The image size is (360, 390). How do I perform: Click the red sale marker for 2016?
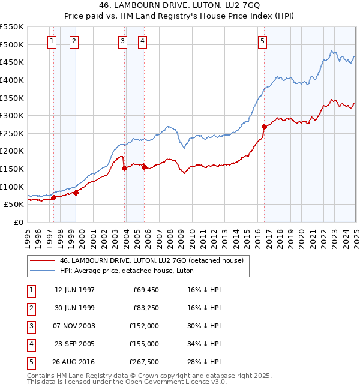(264, 127)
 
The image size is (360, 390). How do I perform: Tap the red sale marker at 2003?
(124, 168)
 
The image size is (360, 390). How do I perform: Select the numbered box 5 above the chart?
(263, 41)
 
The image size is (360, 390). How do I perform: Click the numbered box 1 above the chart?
(52, 41)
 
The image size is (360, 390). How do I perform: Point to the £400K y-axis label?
(12, 80)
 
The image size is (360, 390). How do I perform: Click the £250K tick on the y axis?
(12, 133)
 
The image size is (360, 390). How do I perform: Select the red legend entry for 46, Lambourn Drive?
(151, 260)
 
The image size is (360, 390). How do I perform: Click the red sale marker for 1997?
(53, 197)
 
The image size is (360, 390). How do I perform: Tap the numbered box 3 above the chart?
(122, 41)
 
